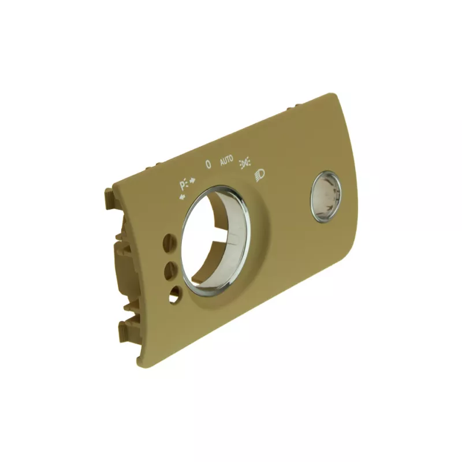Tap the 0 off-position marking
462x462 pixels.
[208, 165]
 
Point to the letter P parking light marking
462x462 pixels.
[183, 185]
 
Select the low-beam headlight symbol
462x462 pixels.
[259, 174]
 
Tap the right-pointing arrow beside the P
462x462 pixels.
[193, 181]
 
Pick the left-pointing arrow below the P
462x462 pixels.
[182, 196]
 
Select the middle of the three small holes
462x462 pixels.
[172, 269]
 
